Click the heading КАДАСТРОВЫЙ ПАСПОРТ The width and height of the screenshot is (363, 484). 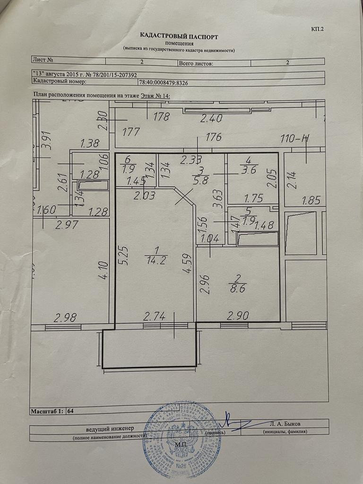[x=179, y=36]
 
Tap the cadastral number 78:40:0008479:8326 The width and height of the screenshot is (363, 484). [x=163, y=82]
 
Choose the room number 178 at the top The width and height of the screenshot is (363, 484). [x=161, y=117]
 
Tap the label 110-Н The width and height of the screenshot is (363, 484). [x=295, y=138]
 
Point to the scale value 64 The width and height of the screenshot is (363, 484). [x=71, y=411]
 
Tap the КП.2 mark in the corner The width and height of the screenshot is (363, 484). [x=318, y=29]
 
